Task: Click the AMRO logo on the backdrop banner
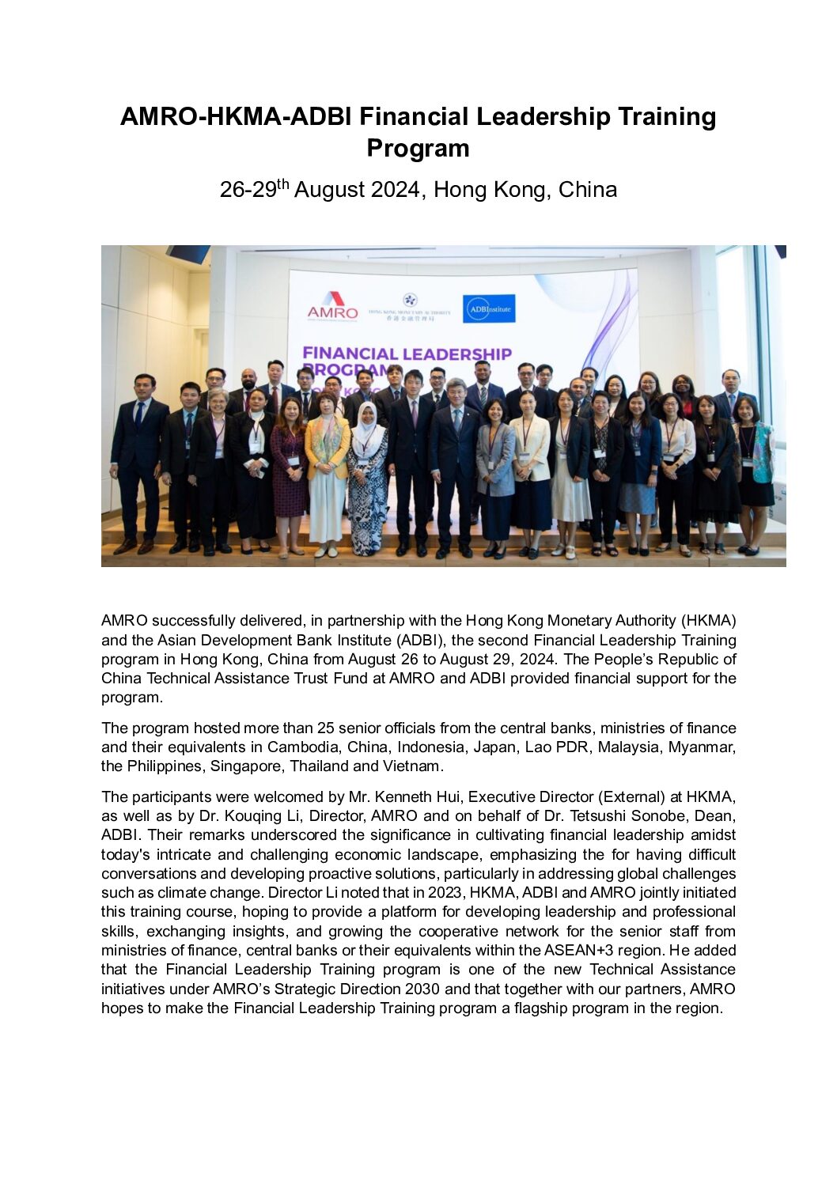pos(332,306)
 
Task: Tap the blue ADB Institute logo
pos(488,308)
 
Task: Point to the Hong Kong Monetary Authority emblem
pos(410,301)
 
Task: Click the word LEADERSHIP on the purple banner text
pos(456,354)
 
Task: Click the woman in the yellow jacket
pos(328,467)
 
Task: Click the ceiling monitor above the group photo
pos(187,253)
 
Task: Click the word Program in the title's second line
pos(418,149)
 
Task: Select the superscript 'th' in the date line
pos(283,185)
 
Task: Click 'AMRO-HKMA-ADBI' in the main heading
pos(236,117)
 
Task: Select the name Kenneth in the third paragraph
pos(403,796)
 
